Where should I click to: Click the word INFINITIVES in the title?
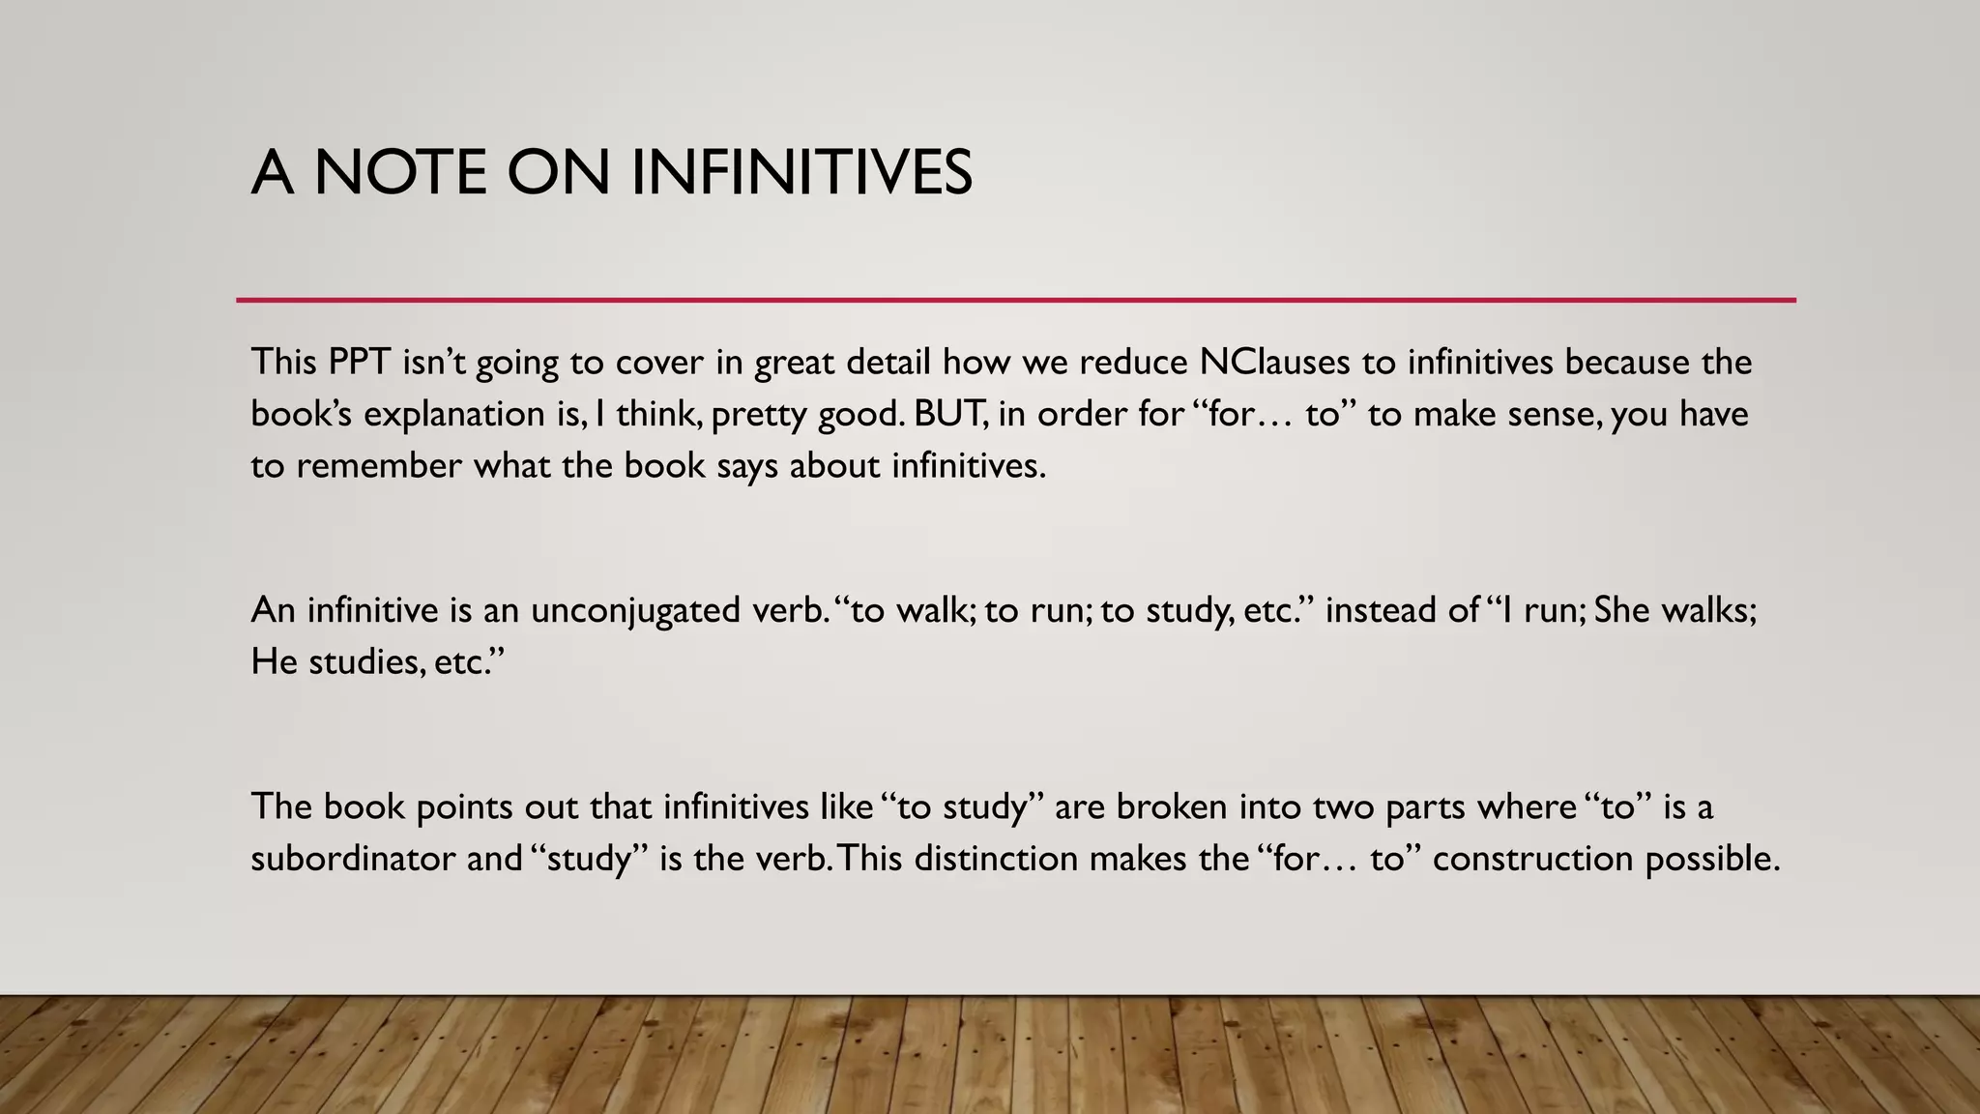(x=801, y=173)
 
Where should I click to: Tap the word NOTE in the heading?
(x=399, y=173)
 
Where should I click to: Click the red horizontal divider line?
(x=1015, y=301)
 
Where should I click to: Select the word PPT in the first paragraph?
(x=359, y=362)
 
